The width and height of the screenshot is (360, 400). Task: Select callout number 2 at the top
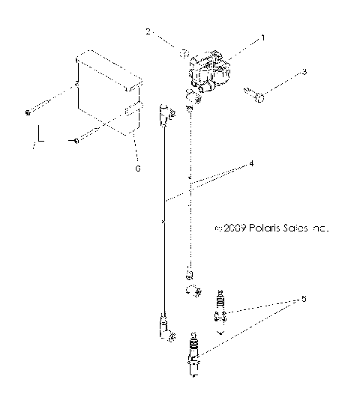pos(148,32)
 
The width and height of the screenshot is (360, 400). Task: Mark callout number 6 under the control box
pos(136,168)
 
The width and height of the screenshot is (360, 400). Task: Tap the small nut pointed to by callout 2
pos(182,52)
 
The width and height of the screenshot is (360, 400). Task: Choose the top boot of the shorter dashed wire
pos(194,96)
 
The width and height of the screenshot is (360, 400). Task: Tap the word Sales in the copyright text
pos(292,228)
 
